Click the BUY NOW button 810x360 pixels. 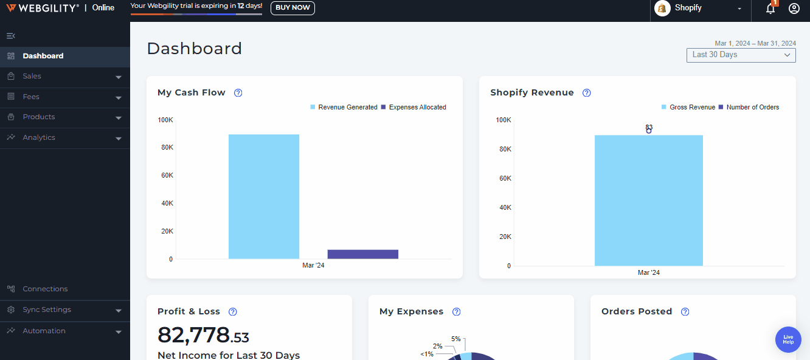click(x=292, y=8)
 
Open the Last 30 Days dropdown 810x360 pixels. click(x=741, y=55)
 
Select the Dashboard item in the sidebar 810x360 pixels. click(x=43, y=56)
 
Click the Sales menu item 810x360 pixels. click(x=32, y=77)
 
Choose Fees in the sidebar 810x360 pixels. click(x=31, y=97)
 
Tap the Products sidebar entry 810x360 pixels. click(x=39, y=117)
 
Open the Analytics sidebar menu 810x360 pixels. click(x=39, y=137)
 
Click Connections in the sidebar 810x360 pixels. click(x=45, y=289)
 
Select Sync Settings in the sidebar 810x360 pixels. click(x=47, y=310)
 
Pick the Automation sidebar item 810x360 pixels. click(x=44, y=331)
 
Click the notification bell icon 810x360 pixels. click(x=770, y=9)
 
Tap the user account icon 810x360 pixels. click(x=794, y=9)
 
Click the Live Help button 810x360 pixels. click(x=788, y=339)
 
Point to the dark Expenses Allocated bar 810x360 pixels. click(x=362, y=254)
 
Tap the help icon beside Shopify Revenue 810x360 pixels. click(x=587, y=93)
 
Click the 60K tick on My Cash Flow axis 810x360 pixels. click(x=167, y=175)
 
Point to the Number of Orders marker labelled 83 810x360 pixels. click(x=649, y=131)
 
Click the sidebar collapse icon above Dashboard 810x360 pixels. click(x=10, y=36)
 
